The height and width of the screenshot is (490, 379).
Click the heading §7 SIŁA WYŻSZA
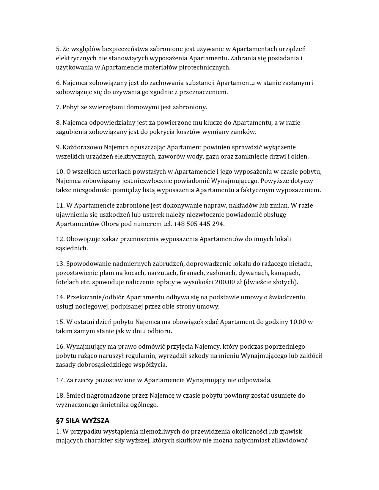click(x=83, y=421)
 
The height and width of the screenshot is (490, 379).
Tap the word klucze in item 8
click(x=215, y=123)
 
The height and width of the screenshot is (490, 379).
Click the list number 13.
click(x=60, y=264)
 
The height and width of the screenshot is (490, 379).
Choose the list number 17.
click(x=60, y=380)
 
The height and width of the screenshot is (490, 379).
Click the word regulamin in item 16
click(x=141, y=356)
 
